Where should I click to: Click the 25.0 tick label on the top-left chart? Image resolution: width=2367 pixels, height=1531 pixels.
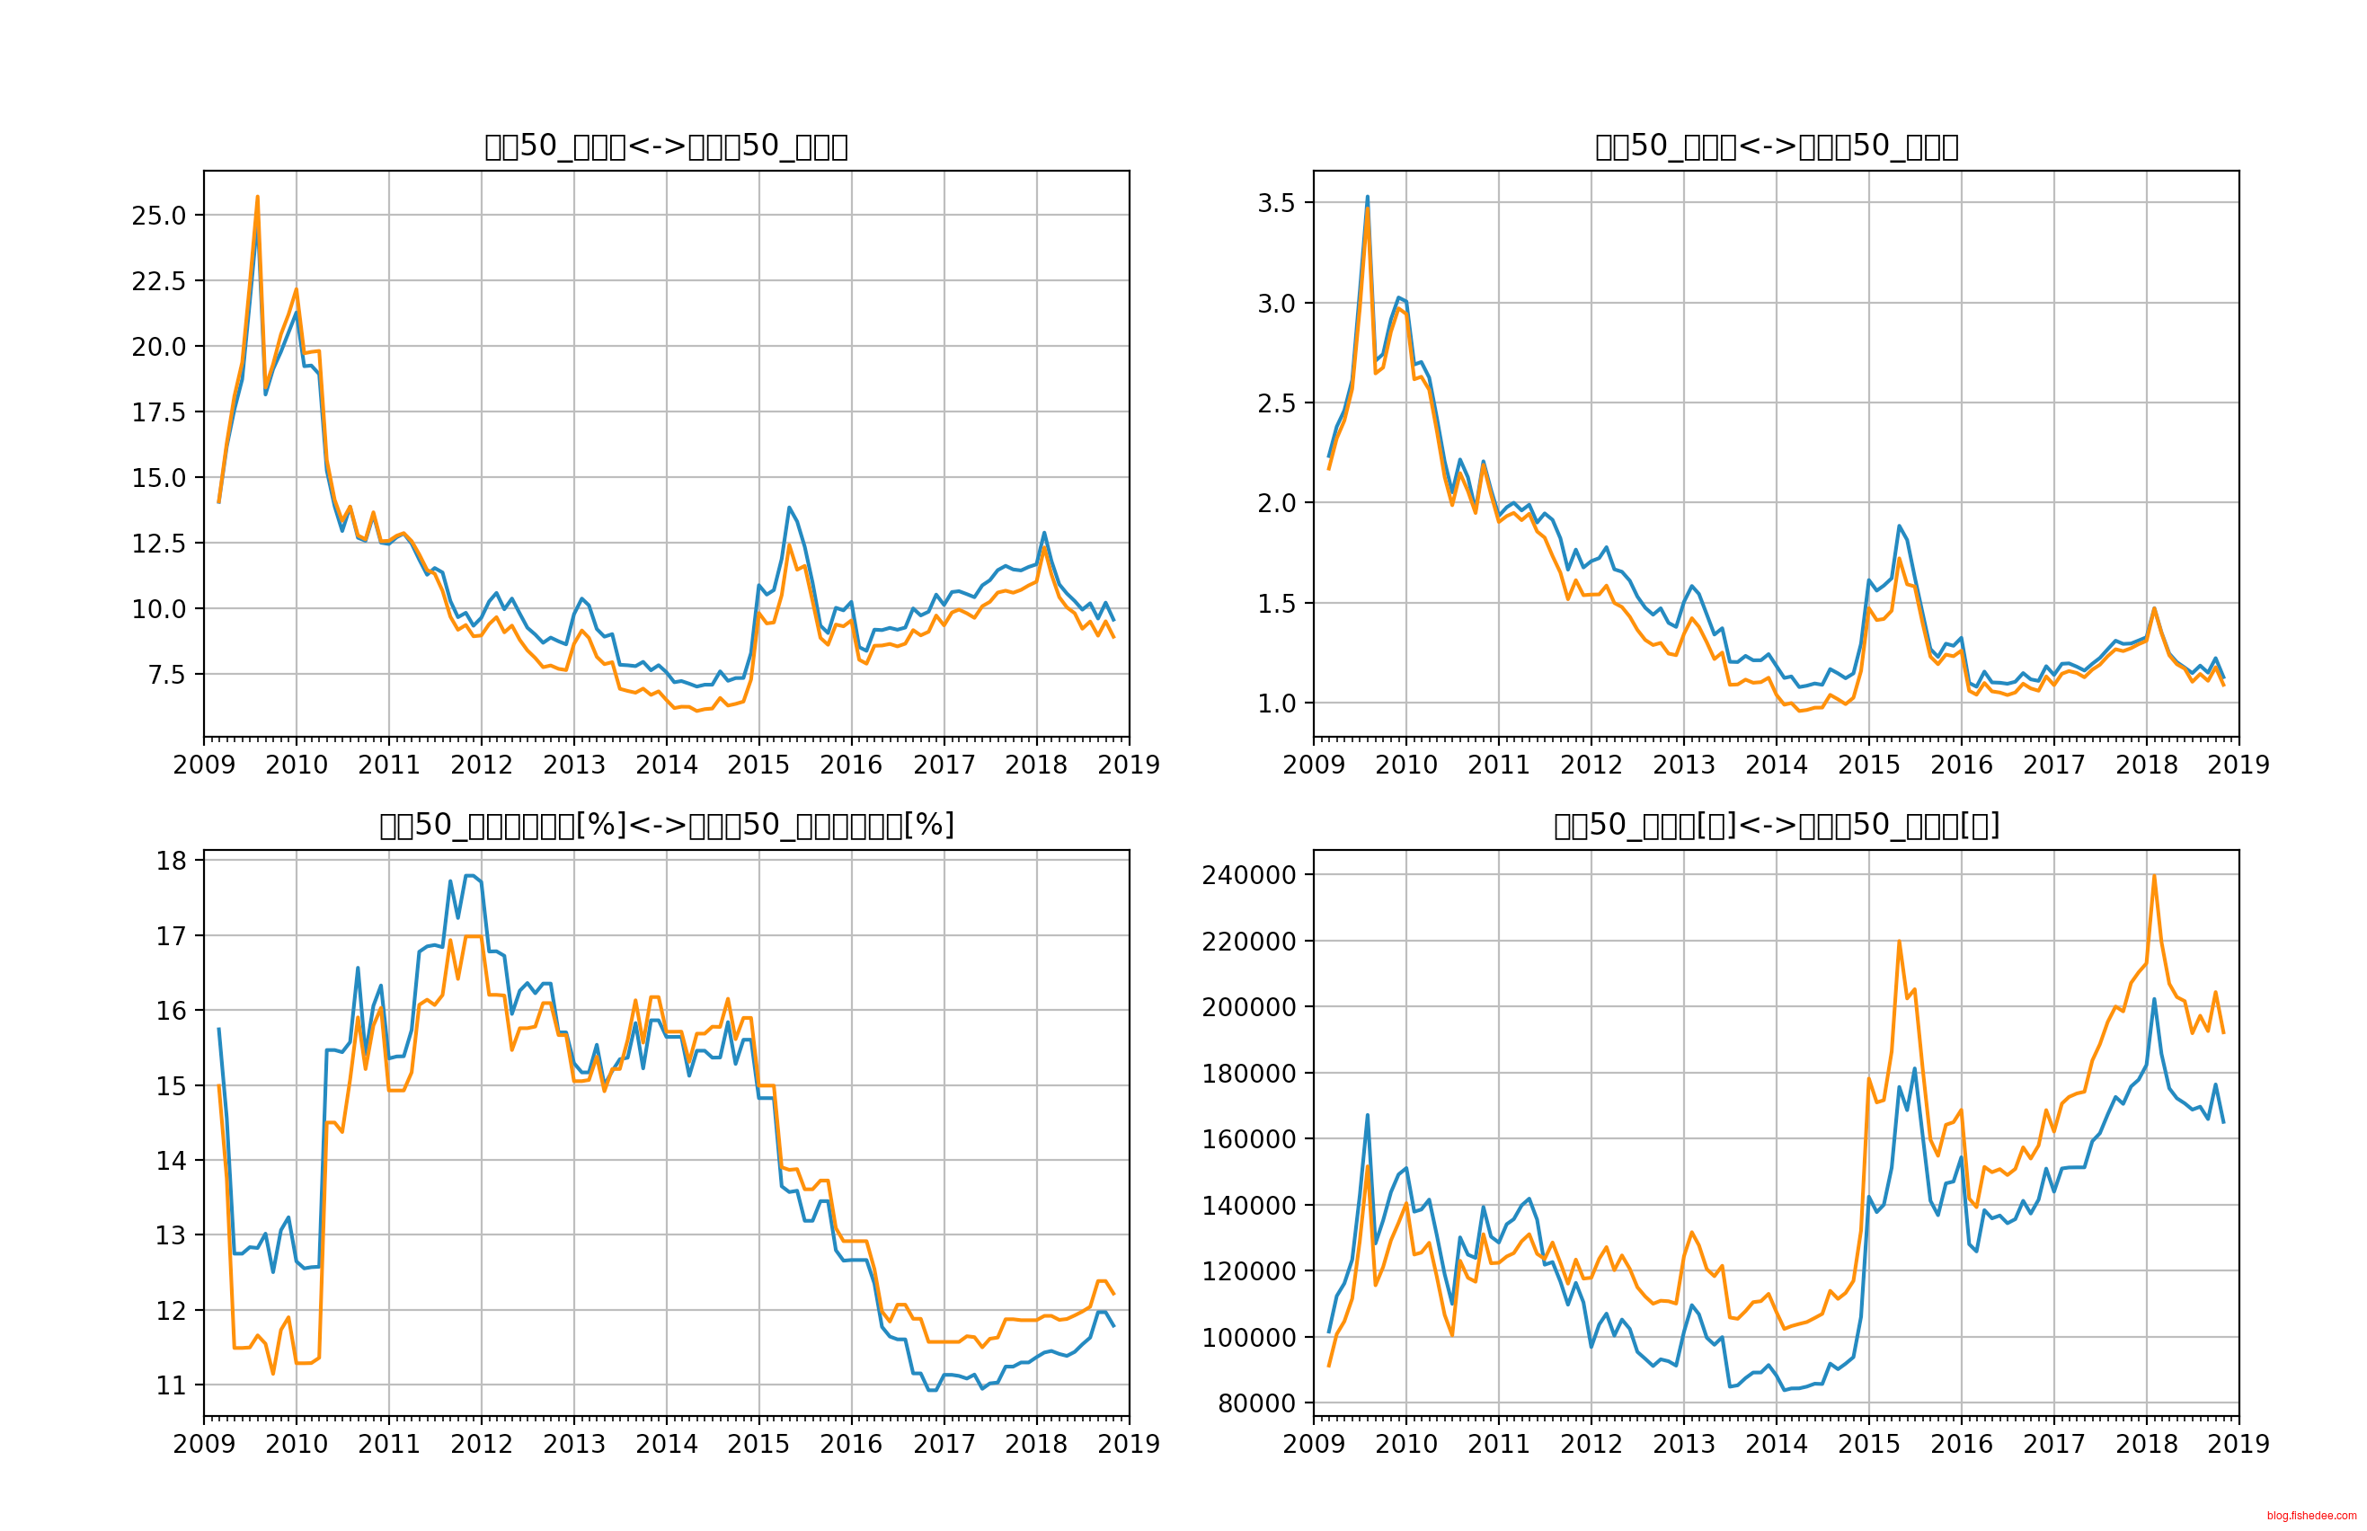[x=158, y=216]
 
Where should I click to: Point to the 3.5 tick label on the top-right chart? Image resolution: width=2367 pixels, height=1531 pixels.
[x=1276, y=203]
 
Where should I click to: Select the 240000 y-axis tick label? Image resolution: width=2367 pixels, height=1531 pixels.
[x=1248, y=875]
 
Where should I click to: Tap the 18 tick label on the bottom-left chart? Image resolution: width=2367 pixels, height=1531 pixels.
[x=171, y=861]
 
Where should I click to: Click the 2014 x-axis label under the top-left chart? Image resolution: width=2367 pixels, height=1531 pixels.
[x=666, y=765]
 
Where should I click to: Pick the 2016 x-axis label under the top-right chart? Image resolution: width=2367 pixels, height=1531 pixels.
[x=1961, y=765]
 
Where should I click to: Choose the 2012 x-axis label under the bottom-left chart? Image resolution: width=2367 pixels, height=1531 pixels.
[x=481, y=1444]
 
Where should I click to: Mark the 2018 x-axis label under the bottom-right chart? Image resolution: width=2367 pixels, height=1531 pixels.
[x=2145, y=1444]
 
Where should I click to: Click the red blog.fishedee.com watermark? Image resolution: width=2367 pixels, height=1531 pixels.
[x=2311, y=1516]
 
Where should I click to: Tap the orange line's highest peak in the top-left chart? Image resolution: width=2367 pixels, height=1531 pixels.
[x=258, y=197]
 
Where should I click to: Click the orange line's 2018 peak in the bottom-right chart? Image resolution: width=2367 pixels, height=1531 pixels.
[x=2153, y=876]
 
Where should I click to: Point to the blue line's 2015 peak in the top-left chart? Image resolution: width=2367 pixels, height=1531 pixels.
[x=789, y=508]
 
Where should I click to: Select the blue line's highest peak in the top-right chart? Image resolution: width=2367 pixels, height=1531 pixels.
[x=1367, y=197]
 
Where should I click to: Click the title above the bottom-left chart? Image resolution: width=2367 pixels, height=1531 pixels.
[x=666, y=825]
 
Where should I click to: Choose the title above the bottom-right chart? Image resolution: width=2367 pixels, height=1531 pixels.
[x=1776, y=825]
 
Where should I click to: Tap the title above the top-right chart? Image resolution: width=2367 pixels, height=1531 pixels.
[x=1776, y=146]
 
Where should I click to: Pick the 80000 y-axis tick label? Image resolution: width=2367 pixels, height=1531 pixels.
[x=1256, y=1403]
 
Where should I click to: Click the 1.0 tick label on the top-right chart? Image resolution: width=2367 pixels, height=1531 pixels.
[x=1276, y=704]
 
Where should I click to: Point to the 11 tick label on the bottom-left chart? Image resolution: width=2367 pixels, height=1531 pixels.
[x=171, y=1385]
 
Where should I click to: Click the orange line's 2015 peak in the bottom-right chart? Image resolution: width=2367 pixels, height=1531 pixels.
[x=1899, y=942]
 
